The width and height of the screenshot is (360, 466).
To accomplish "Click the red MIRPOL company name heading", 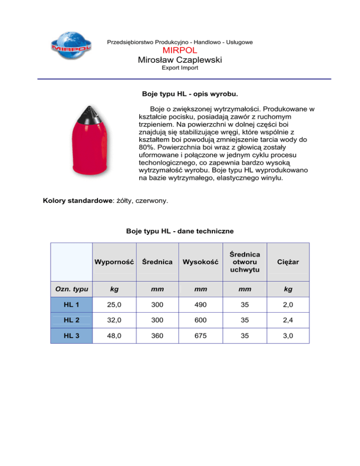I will click(x=180, y=51).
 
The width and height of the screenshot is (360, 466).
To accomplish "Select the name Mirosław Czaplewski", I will click(x=180, y=60).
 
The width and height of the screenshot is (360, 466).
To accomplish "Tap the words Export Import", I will click(x=180, y=68).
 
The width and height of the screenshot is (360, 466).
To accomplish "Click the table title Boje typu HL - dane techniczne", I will click(x=180, y=231).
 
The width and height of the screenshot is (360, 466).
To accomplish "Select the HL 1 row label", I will click(x=71, y=306).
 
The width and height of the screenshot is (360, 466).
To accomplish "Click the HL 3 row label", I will click(x=71, y=336).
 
